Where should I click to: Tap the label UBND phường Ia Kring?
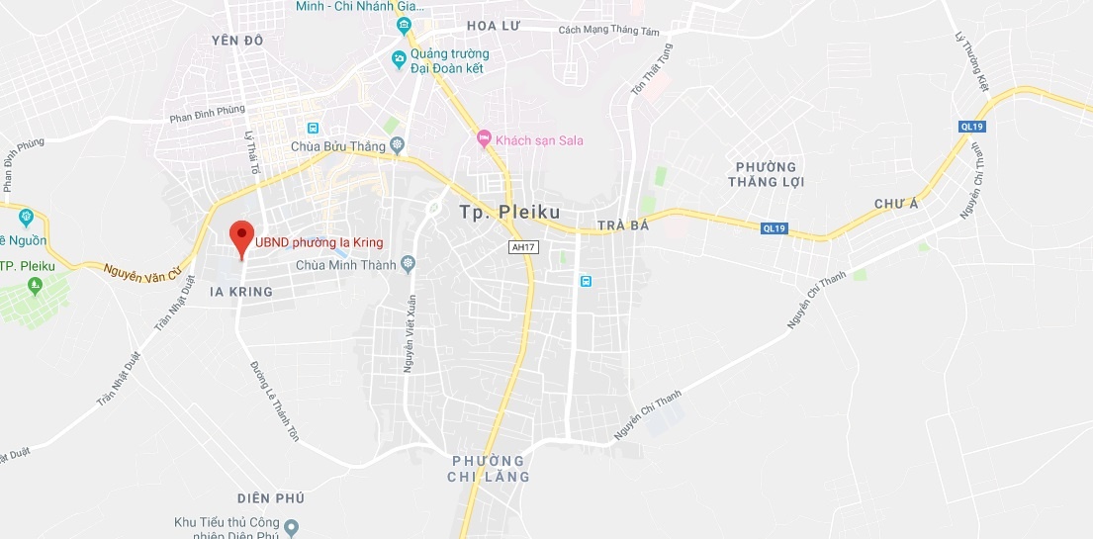[x=319, y=242]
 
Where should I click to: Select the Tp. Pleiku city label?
[x=509, y=212]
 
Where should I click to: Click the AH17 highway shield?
[x=524, y=246]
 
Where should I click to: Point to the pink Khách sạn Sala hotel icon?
[x=484, y=139]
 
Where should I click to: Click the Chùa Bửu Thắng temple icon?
[x=398, y=146]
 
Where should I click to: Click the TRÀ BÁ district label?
[x=623, y=226]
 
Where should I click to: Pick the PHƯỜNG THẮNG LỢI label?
[x=767, y=174]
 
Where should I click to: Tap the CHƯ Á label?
[x=896, y=204]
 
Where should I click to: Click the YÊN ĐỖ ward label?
[x=239, y=41]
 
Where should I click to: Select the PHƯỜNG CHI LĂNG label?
[x=489, y=469]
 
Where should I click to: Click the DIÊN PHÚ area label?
[x=270, y=497]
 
